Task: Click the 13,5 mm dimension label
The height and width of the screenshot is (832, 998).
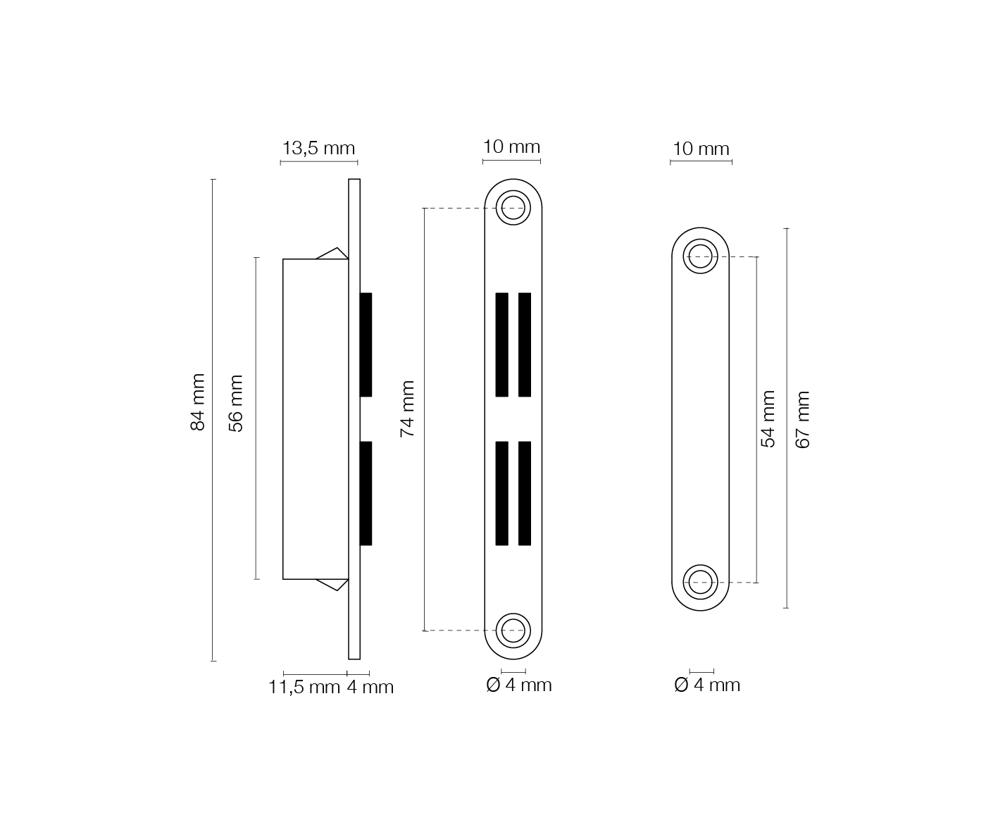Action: coord(319,148)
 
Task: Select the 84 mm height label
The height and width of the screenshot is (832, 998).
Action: coord(197,402)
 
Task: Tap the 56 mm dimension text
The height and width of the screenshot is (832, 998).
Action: coord(236,404)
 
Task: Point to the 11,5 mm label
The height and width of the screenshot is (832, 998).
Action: coord(304,687)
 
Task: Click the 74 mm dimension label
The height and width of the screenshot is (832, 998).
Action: coord(407,409)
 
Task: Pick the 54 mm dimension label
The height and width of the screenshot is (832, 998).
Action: coord(768,419)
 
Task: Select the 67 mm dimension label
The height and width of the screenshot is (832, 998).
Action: coord(802,420)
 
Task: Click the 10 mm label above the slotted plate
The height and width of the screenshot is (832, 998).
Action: coord(511,147)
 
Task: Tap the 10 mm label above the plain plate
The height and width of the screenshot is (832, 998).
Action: coord(701,149)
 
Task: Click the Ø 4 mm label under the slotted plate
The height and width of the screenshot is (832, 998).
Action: coord(519,685)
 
